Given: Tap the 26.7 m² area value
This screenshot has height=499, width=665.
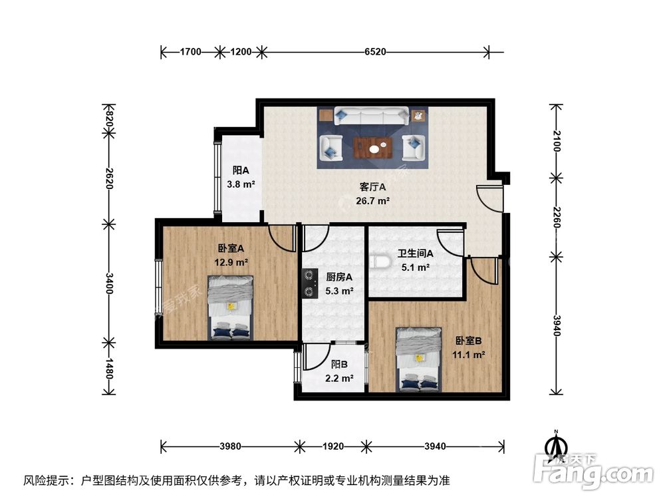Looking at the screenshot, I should (x=373, y=200).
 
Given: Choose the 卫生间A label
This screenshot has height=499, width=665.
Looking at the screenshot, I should (x=416, y=253).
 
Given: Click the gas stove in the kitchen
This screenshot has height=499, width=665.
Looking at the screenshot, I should (x=309, y=282).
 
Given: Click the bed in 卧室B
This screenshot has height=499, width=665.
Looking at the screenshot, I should (x=418, y=359).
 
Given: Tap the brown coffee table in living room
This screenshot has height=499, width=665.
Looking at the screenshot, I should (x=372, y=147).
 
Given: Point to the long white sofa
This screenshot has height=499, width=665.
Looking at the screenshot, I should (x=372, y=116).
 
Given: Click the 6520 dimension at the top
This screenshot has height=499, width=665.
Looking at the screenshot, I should (x=375, y=51).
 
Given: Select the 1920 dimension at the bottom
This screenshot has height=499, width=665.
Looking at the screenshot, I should (x=333, y=446).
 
